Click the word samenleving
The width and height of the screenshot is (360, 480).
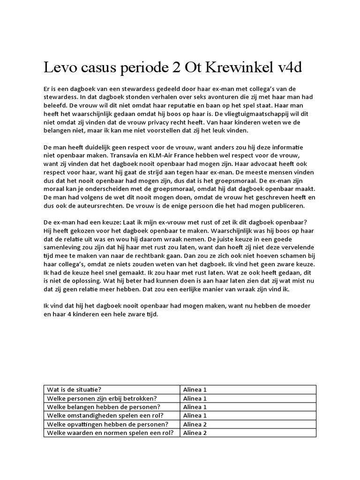tap(67, 247)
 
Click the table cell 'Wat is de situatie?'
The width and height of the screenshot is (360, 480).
tap(74, 390)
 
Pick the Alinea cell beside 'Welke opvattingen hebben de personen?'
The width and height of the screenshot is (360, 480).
tap(195, 424)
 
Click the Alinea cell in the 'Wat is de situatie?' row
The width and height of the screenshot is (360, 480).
tap(195, 390)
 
